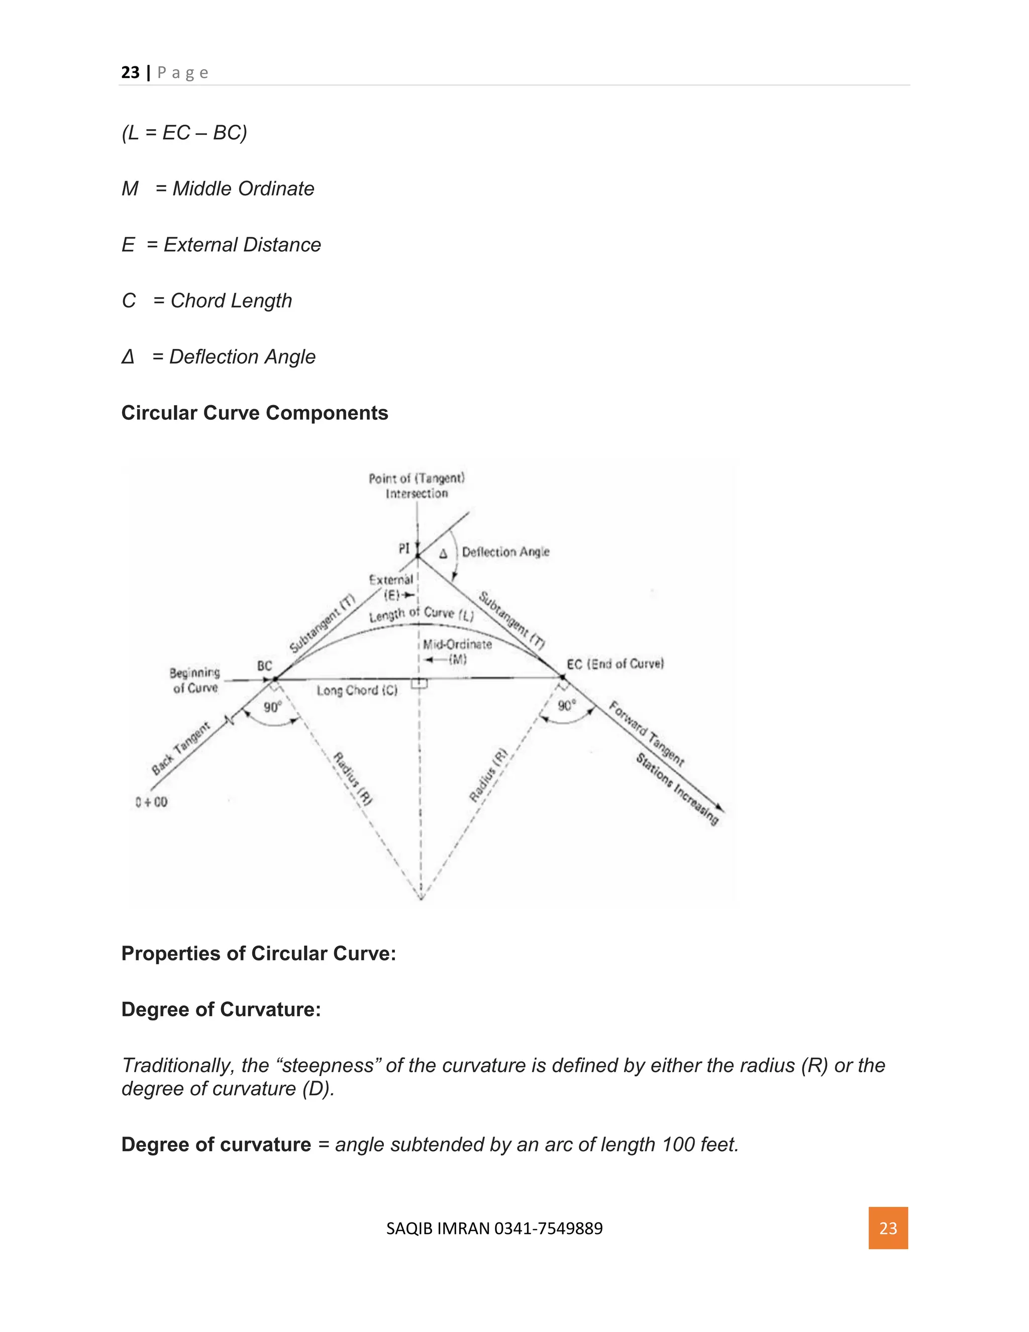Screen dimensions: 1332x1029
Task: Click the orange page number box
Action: pos(888,1228)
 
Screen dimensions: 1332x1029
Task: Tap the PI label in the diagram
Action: pos(404,549)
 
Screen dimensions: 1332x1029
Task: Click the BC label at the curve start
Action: pos(265,665)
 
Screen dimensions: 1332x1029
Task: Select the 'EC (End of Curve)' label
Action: pos(614,663)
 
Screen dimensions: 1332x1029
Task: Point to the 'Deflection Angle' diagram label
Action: pos(505,552)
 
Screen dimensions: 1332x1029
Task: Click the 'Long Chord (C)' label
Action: pos(357,691)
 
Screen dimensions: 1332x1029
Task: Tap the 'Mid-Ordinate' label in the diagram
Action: pos(457,644)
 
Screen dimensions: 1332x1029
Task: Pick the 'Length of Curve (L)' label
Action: pos(421,614)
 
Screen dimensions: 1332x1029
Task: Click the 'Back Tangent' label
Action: pos(180,748)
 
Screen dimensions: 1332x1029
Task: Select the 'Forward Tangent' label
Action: pos(647,734)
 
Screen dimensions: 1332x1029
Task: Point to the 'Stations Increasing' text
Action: pos(677,789)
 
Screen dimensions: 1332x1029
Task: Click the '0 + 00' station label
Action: pos(152,802)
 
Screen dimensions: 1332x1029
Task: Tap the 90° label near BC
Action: pos(272,707)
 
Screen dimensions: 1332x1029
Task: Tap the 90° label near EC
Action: pos(566,706)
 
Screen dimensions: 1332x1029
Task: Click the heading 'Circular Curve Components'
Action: pos(255,413)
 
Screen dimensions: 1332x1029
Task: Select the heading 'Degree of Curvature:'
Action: pos(221,1009)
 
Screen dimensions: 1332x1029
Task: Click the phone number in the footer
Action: pos(548,1228)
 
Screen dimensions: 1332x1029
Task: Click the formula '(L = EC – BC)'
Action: pos(184,132)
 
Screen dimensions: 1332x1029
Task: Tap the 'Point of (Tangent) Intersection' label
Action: pos(417,486)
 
